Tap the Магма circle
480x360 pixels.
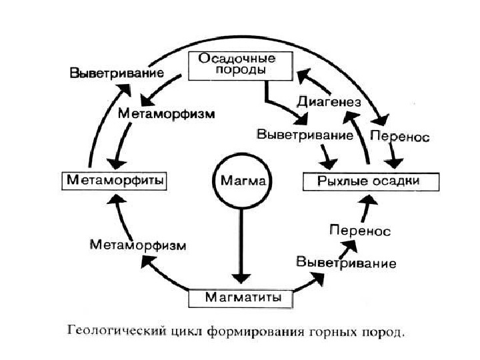[x=240, y=181]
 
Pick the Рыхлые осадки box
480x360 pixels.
[x=371, y=181]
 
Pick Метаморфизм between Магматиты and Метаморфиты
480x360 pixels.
[x=138, y=245]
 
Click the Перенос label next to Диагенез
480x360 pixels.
[x=399, y=135]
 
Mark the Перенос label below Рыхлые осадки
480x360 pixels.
[x=360, y=231]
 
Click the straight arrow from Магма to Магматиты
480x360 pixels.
[x=240, y=247]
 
